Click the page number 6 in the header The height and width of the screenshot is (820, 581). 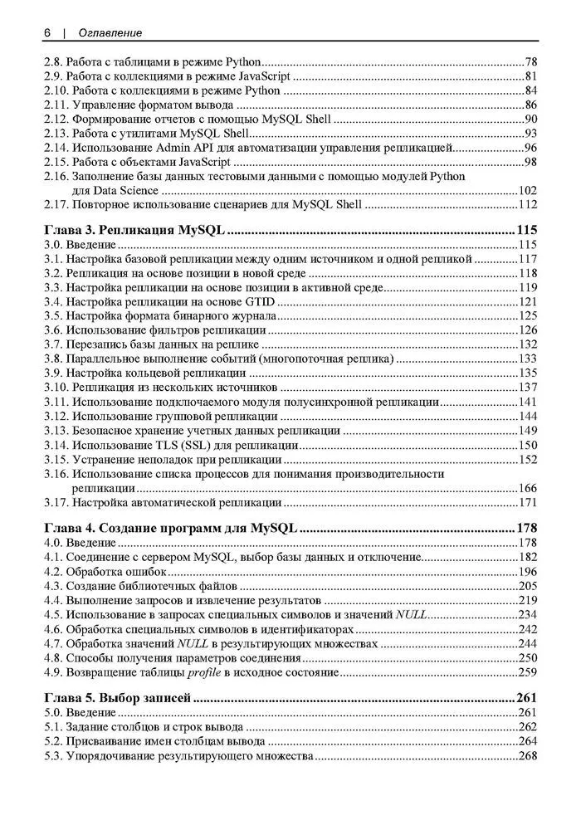pyautogui.click(x=47, y=32)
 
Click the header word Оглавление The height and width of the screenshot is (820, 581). pyautogui.click(x=110, y=32)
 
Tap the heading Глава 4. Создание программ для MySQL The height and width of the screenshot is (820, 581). pyautogui.click(x=170, y=528)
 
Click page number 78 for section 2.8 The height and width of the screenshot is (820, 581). pyautogui.click(x=531, y=62)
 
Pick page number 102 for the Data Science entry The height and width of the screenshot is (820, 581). pyautogui.click(x=528, y=191)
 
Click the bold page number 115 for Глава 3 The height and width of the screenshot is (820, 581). pyautogui.click(x=526, y=230)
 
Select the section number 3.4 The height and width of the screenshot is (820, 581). pyautogui.click(x=53, y=301)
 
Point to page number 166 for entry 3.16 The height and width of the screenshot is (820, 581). pyautogui.click(x=528, y=488)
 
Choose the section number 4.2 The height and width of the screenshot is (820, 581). pyautogui.click(x=53, y=572)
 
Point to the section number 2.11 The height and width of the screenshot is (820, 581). pyautogui.click(x=56, y=105)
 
